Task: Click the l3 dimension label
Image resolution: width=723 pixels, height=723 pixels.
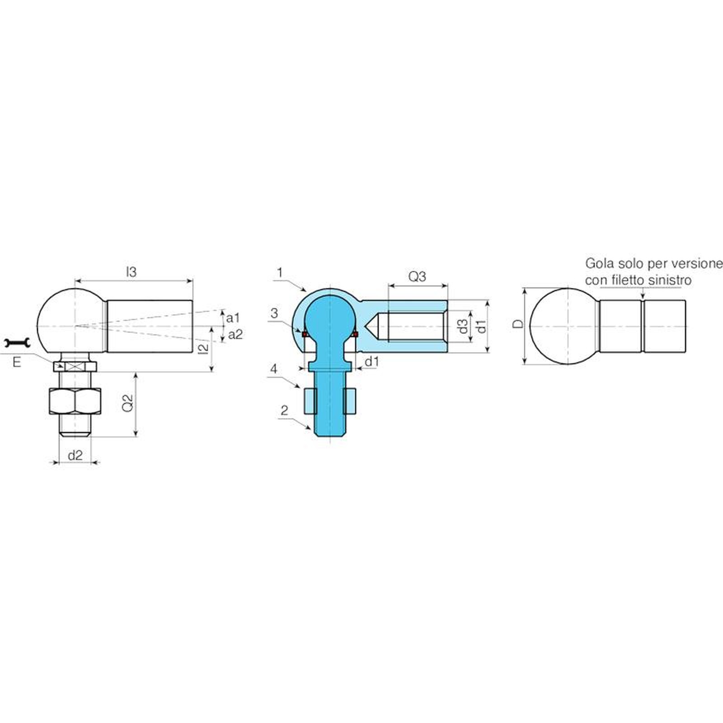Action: click(x=131, y=272)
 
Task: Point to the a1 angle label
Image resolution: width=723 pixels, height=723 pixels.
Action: click(x=233, y=318)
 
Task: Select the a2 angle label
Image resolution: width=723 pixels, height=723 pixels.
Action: click(x=235, y=334)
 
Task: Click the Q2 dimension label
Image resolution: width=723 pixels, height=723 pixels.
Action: click(x=128, y=403)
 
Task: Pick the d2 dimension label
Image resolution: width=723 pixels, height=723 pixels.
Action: click(x=75, y=455)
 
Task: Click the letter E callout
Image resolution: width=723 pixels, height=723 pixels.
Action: click(x=17, y=362)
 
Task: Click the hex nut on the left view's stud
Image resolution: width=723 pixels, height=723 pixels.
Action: click(x=75, y=401)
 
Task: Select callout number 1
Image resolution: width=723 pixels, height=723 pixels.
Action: click(x=280, y=272)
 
